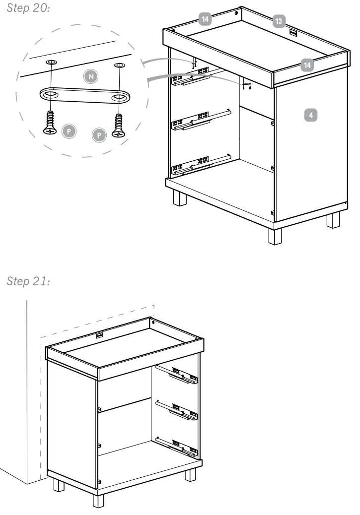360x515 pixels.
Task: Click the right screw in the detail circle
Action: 119,125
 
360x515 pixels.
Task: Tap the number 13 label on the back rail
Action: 279,21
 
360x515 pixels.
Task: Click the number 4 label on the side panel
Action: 310,115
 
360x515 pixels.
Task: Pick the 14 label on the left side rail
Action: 205,19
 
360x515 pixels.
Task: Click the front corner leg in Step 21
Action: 98,498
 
